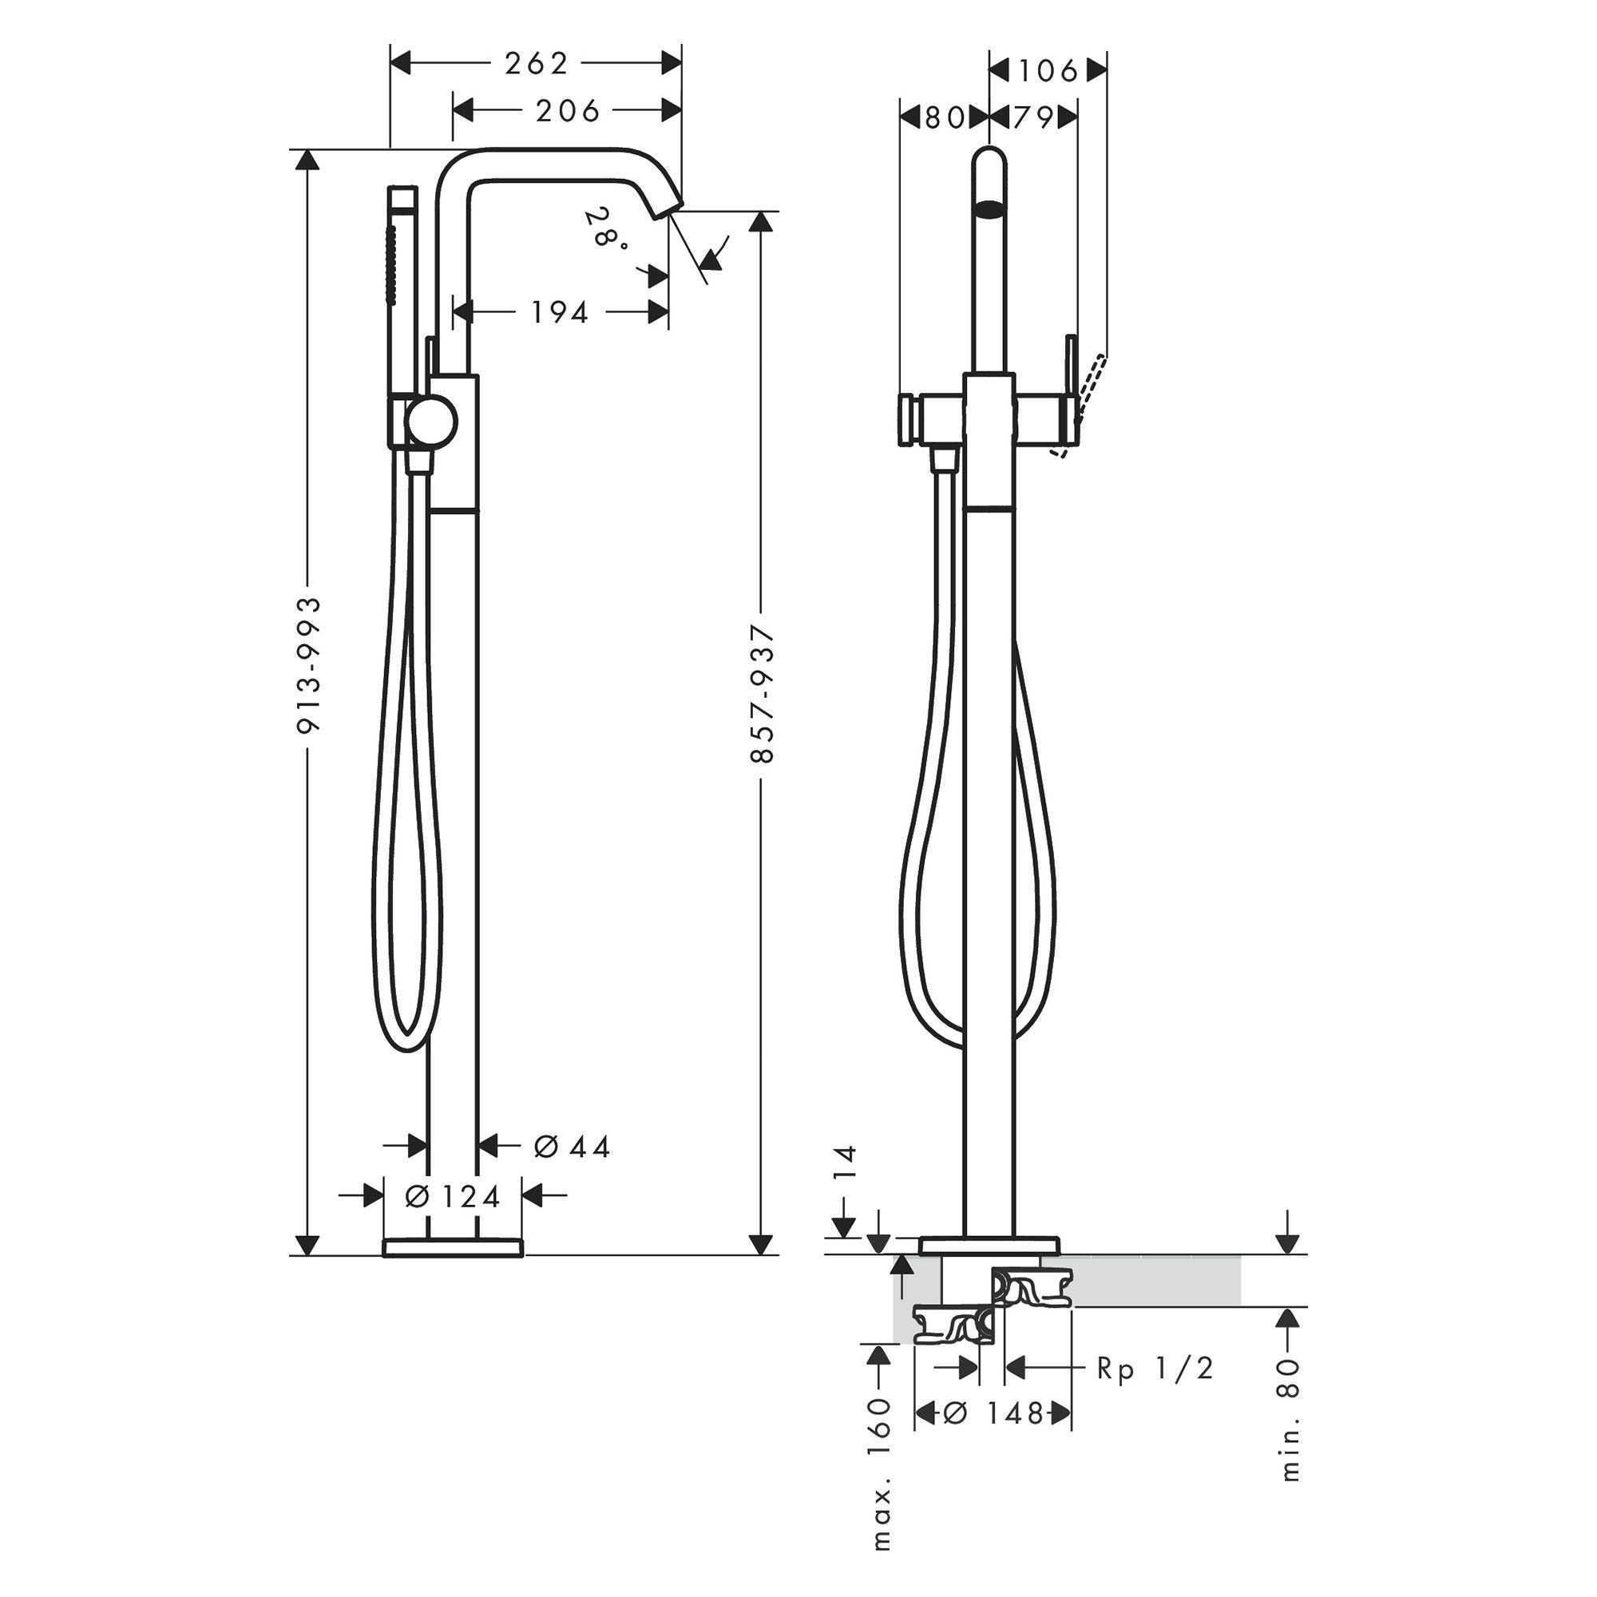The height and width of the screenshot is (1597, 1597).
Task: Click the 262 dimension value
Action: click(537, 64)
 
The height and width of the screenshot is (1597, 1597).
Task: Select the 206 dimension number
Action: click(567, 111)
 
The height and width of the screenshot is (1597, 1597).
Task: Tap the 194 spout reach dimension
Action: click(560, 312)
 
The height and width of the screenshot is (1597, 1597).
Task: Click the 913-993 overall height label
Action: click(309, 665)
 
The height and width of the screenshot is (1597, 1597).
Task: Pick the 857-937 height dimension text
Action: click(762, 694)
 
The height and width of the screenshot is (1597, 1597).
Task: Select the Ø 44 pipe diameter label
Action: click(572, 1147)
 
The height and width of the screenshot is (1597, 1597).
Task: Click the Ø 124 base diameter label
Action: click(454, 1196)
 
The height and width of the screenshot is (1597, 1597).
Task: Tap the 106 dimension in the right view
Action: click(1048, 71)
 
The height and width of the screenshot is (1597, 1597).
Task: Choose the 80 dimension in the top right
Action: click(944, 118)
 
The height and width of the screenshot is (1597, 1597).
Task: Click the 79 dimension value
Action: click(1033, 118)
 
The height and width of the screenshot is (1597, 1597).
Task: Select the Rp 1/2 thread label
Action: click(1155, 1369)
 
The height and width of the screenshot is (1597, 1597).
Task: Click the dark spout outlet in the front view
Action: click(990, 209)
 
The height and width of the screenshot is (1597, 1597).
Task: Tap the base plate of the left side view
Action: click(453, 1247)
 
